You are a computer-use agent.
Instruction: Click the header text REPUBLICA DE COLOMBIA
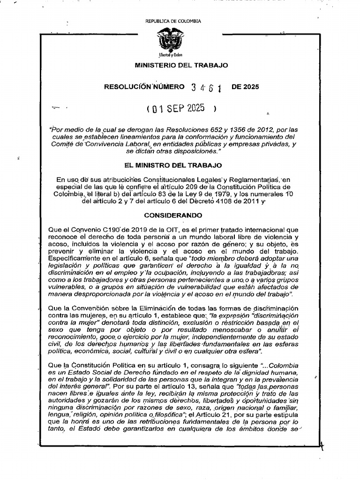pos(173,21)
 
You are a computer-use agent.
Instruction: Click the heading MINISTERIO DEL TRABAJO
pos(181,65)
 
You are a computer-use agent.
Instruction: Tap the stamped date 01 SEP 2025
pos(180,108)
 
